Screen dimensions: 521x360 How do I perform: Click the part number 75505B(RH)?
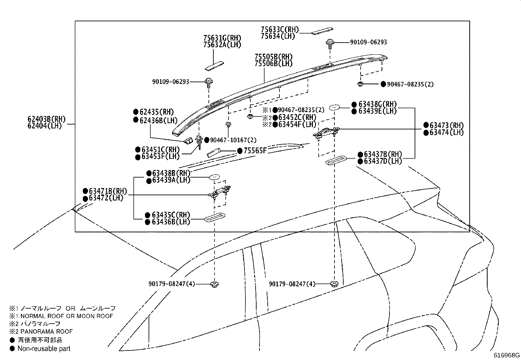click(274, 57)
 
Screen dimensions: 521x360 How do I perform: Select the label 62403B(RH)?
click(46, 119)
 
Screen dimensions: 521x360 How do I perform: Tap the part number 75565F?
click(255, 151)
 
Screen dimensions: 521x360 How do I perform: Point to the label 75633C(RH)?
click(280, 29)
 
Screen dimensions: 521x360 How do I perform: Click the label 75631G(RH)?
click(222, 38)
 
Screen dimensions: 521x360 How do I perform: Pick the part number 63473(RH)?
click(447, 125)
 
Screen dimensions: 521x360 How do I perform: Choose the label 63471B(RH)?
click(108, 191)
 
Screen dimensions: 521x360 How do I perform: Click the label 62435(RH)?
click(156, 112)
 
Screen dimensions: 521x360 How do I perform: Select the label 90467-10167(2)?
click(233, 140)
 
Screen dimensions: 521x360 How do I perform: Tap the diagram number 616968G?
click(507, 355)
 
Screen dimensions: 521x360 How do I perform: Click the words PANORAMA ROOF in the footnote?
click(46, 332)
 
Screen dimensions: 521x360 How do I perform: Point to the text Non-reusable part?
click(44, 349)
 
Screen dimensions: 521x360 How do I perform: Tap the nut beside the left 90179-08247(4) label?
click(214, 284)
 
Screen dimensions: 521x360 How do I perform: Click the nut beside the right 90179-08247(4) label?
click(334, 284)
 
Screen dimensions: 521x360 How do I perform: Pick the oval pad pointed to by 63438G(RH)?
click(334, 107)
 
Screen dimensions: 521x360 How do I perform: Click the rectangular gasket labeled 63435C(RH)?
click(215, 217)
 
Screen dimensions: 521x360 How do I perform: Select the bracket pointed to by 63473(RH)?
click(326, 133)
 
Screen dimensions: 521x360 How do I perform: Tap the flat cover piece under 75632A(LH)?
click(214, 66)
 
